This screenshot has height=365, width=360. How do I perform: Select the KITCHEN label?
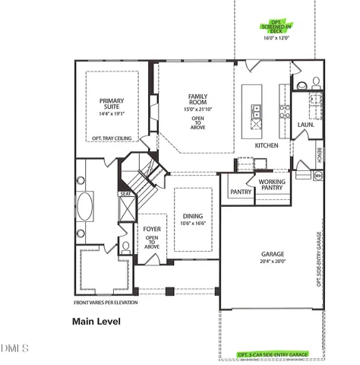[x=267, y=144]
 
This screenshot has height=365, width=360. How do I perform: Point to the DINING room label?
[x=191, y=216]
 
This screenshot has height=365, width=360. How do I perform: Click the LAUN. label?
[x=305, y=124]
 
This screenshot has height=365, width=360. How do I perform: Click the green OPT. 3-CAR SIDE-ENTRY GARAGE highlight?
[x=273, y=355]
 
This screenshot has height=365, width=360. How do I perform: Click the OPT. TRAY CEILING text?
[x=112, y=138]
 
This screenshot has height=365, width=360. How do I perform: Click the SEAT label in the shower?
[x=125, y=194]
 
